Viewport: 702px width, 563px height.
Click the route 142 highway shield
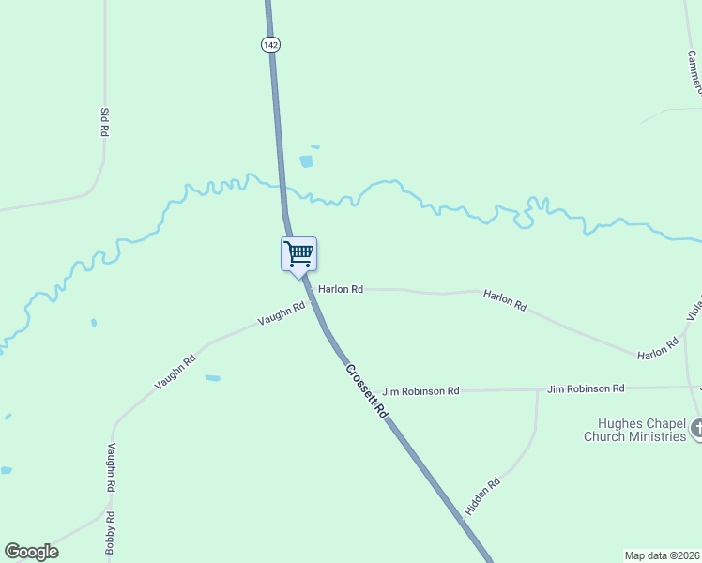(270, 44)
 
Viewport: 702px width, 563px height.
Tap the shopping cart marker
(298, 253)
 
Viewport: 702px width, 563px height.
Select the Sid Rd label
(104, 123)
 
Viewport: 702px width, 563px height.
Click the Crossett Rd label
(366, 390)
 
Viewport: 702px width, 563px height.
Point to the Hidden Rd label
(482, 495)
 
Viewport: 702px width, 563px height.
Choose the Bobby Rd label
(110, 530)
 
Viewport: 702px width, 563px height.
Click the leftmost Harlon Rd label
(340, 290)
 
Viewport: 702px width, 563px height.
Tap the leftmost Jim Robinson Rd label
(420, 390)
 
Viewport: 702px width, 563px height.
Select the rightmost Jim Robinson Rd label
(586, 388)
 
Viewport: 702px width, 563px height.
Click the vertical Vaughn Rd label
(112, 468)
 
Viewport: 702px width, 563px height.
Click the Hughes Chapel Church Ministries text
(635, 430)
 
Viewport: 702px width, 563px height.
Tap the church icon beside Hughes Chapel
(695, 429)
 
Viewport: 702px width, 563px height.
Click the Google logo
(31, 552)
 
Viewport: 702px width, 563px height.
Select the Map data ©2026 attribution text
(662, 555)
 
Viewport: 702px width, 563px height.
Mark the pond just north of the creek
(306, 161)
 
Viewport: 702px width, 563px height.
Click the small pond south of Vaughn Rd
(213, 378)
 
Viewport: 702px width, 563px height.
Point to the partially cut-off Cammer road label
(692, 71)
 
